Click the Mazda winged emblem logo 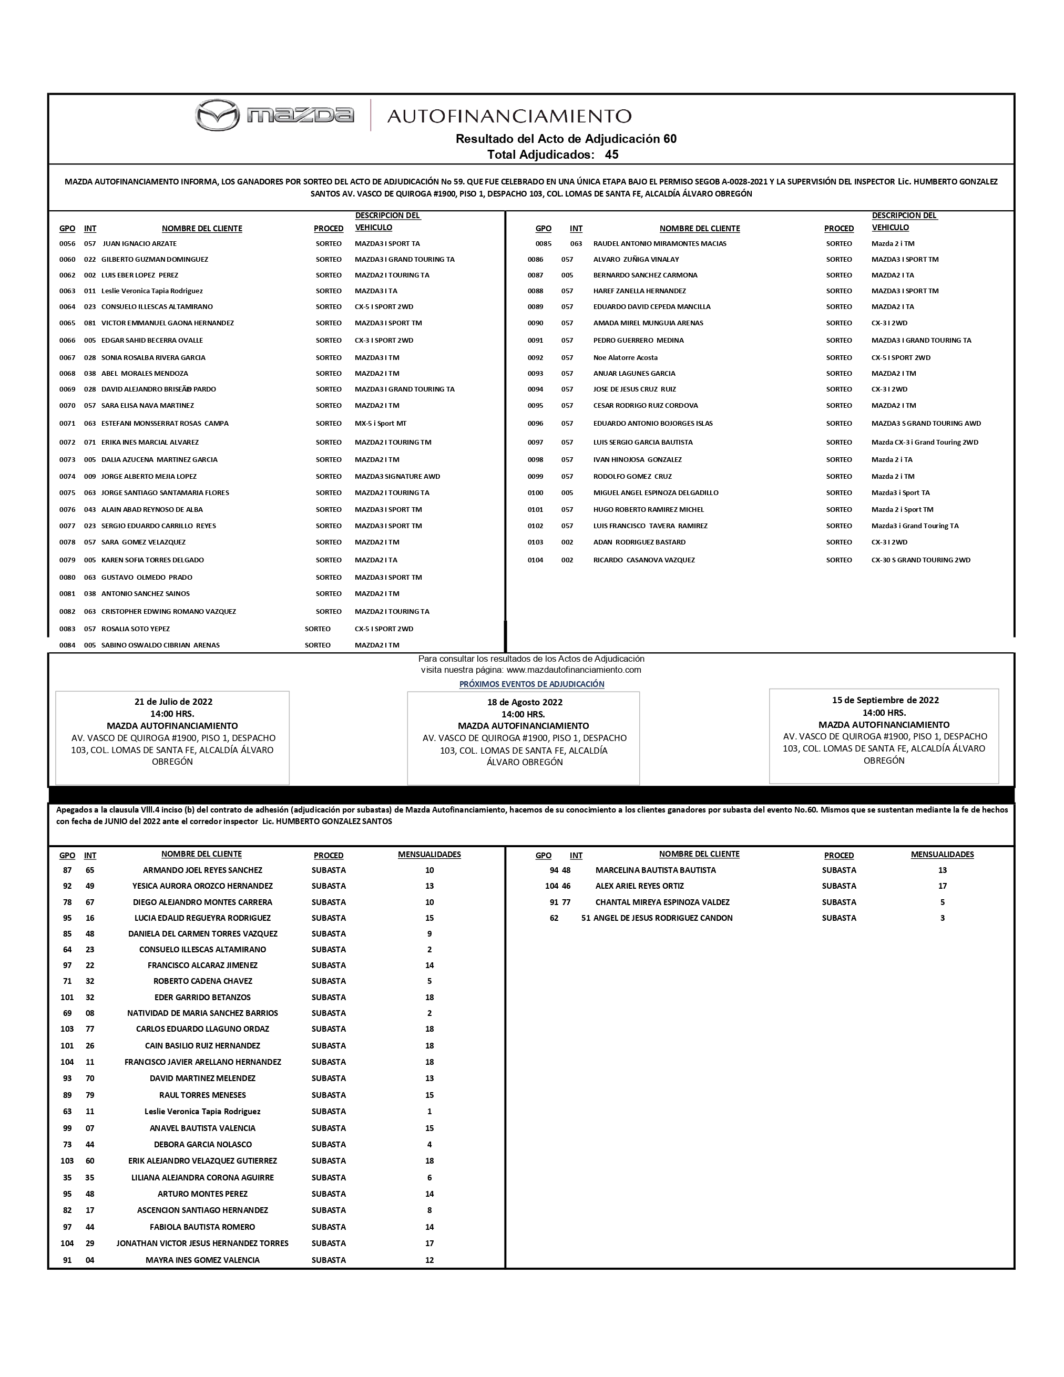pos(217,116)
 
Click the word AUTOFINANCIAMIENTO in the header pos(509,116)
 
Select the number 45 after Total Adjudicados pos(611,155)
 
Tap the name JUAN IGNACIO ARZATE pos(139,243)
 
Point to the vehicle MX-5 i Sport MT pos(380,423)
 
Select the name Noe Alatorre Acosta pos(625,357)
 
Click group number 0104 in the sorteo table pos(536,560)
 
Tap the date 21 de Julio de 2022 pos(173,702)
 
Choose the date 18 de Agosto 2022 pos(524,702)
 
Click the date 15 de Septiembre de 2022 pos(885,700)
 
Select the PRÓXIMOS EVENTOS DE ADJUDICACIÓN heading pos(531,684)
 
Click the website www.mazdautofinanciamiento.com pos(574,670)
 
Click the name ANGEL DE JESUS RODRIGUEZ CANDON pos(663,918)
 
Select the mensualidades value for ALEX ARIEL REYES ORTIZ pos(942,886)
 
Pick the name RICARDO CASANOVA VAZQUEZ pos(644,560)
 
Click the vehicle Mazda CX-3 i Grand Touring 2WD pos(925,442)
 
